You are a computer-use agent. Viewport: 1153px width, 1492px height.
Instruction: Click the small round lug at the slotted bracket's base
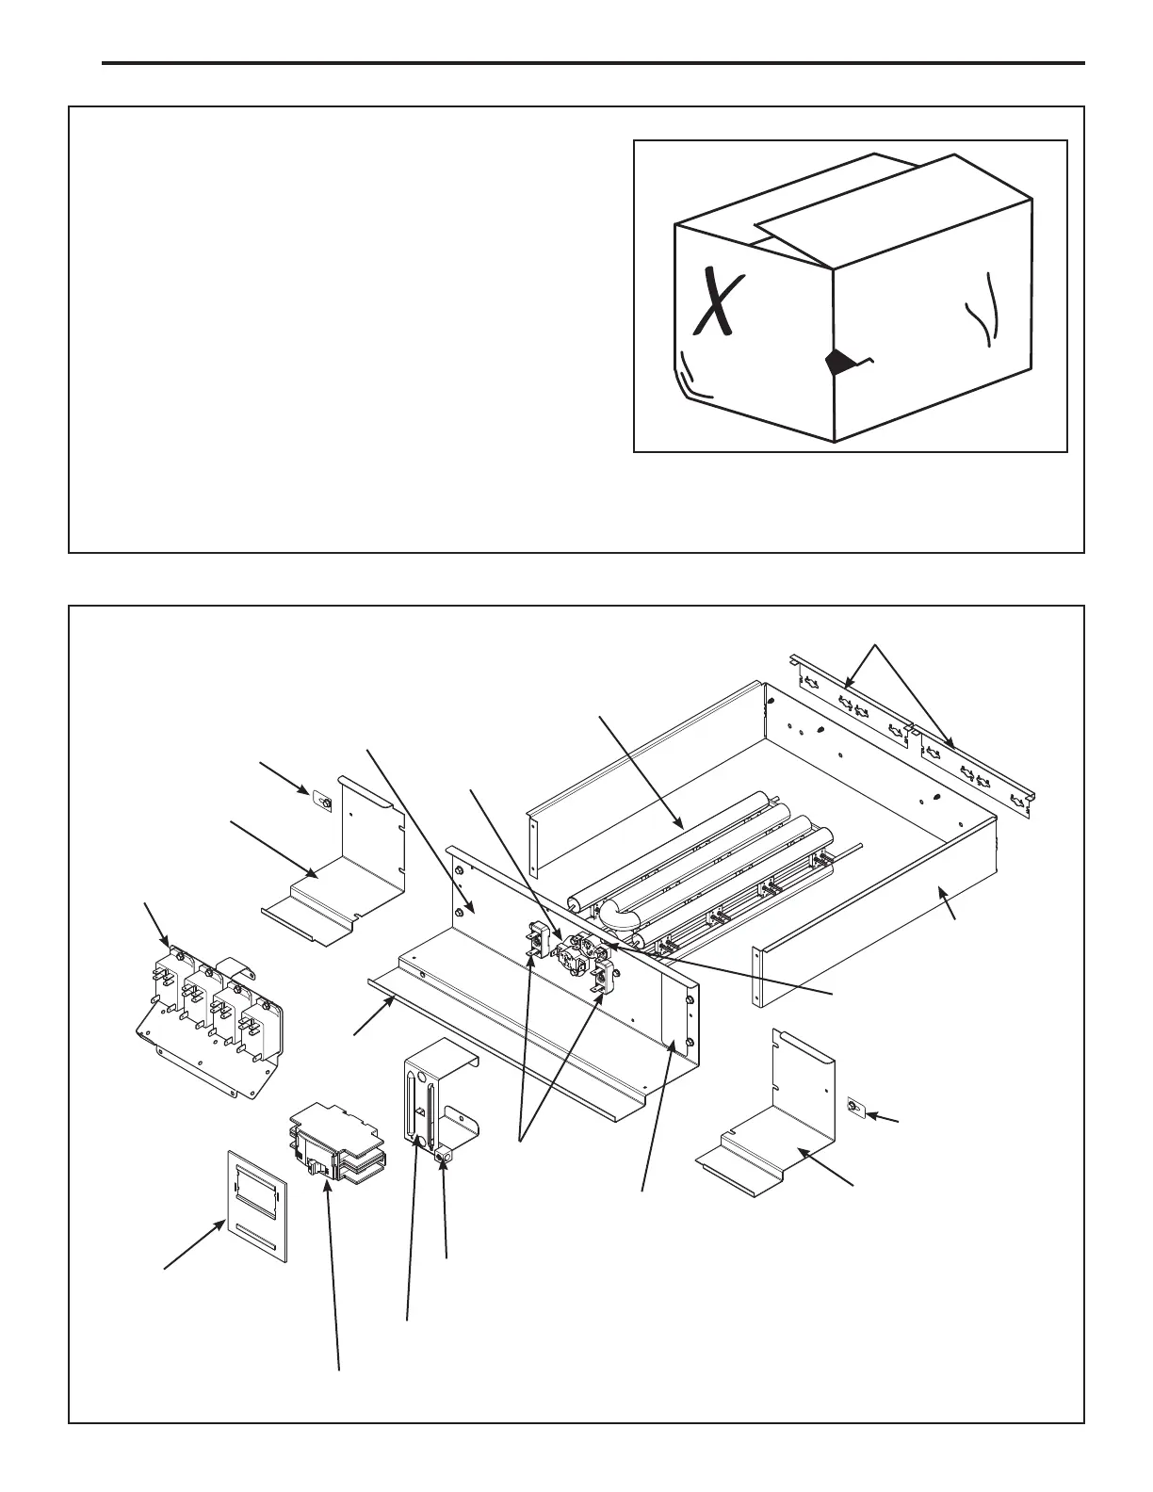point(445,1154)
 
